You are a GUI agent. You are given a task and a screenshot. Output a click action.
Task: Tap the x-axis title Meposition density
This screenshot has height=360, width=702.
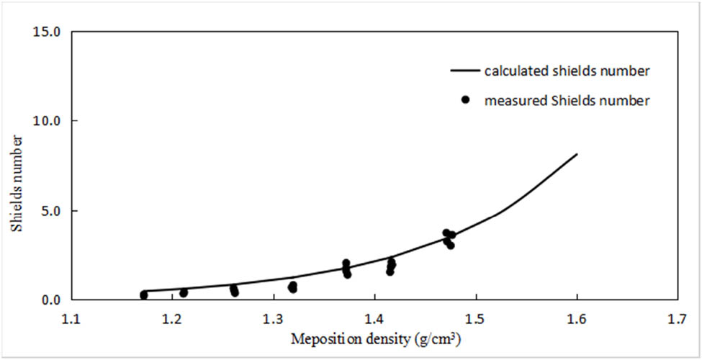coord(374,338)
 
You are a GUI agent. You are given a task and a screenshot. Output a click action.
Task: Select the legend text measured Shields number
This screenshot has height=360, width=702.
coord(567,101)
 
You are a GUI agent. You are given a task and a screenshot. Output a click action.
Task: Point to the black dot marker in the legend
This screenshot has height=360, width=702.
coord(466,101)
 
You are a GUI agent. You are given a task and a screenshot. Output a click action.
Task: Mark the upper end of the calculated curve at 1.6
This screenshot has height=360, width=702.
coord(576,154)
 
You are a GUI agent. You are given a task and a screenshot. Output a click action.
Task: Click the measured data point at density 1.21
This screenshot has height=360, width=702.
coord(184,292)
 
